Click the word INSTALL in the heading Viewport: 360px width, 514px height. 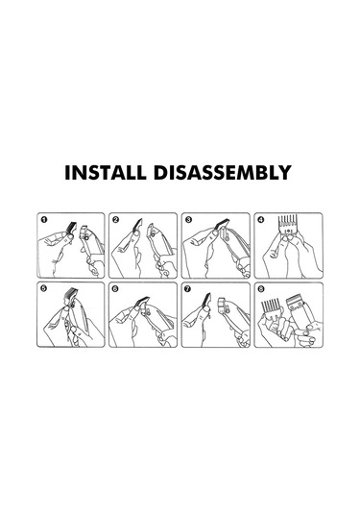(x=106, y=172)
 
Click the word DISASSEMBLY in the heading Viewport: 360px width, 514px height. (x=223, y=172)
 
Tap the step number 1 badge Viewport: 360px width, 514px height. (x=44, y=219)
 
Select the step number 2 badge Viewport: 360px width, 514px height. (x=115, y=219)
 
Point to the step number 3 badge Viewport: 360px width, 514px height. (x=188, y=219)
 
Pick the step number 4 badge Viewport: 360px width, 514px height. (x=261, y=219)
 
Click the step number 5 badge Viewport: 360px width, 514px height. (x=44, y=288)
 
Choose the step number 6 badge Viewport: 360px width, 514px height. (x=115, y=289)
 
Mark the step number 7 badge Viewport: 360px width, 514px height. (x=188, y=289)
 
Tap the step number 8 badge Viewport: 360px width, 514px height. (x=261, y=289)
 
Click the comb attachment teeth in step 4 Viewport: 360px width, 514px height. (x=288, y=222)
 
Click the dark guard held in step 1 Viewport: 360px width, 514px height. (x=70, y=228)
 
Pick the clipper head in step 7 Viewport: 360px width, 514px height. (x=223, y=305)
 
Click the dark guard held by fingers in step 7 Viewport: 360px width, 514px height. (x=206, y=301)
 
